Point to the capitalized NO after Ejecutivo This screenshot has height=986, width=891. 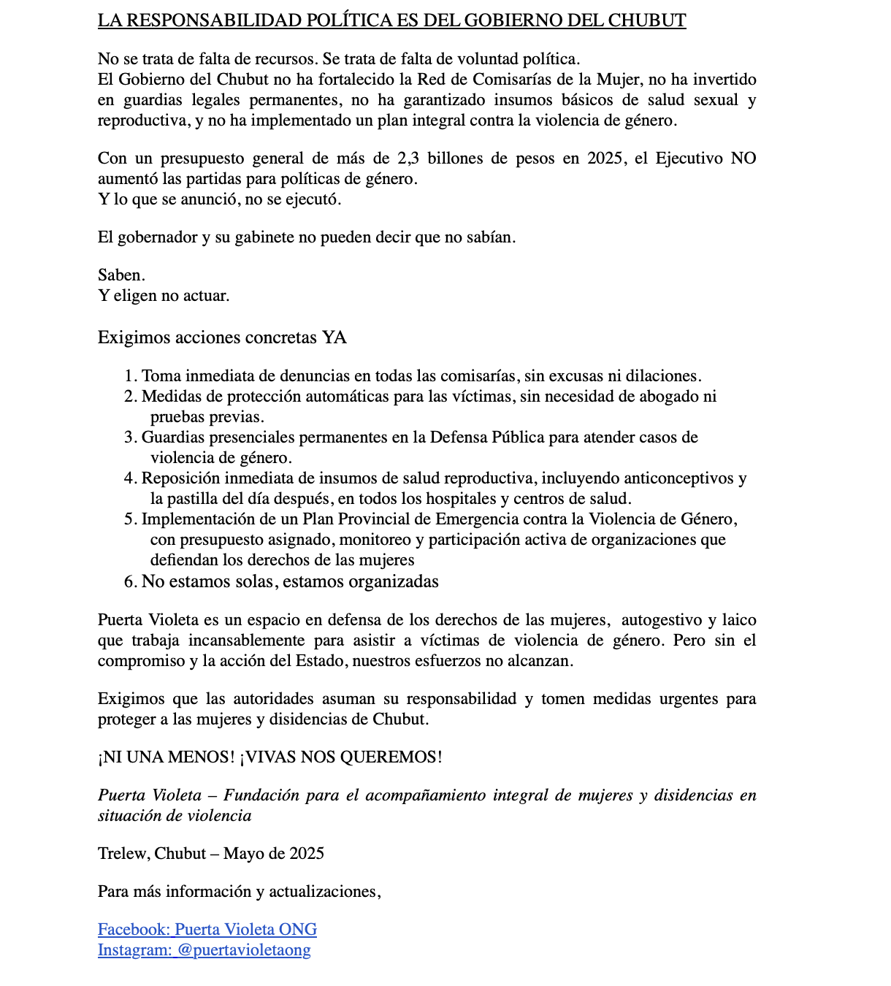[743, 158]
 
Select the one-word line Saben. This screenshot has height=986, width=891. [121, 275]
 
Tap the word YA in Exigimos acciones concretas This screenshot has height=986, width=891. [334, 337]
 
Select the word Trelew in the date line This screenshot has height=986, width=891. [123, 854]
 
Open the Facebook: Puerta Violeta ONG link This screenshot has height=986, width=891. [207, 930]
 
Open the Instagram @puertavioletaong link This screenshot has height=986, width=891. [204, 950]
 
